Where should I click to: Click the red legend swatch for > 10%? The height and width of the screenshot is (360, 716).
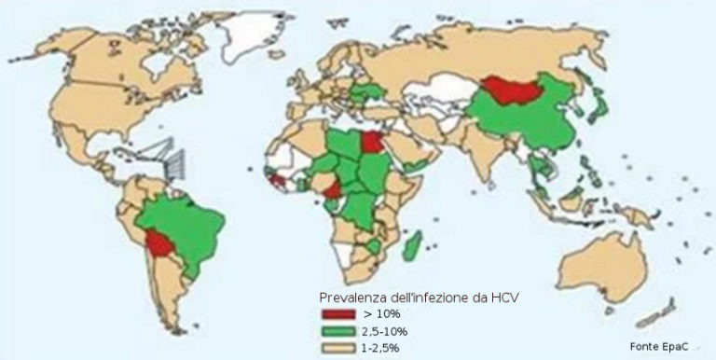336,314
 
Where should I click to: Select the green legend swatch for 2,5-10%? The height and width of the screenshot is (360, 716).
336,331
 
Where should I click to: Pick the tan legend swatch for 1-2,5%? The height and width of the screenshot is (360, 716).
336,347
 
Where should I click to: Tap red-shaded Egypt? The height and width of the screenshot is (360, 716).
369,144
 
